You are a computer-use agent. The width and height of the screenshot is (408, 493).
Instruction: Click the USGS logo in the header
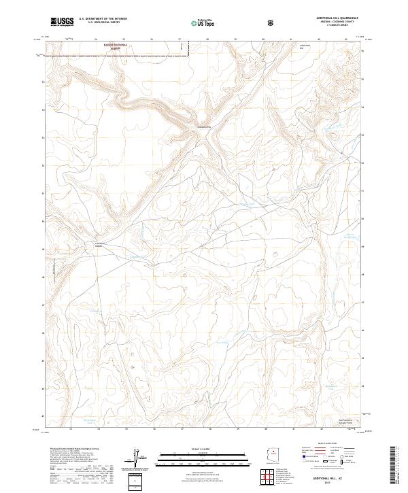61,22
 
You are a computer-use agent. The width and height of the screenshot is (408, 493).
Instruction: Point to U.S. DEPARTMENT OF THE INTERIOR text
103,18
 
